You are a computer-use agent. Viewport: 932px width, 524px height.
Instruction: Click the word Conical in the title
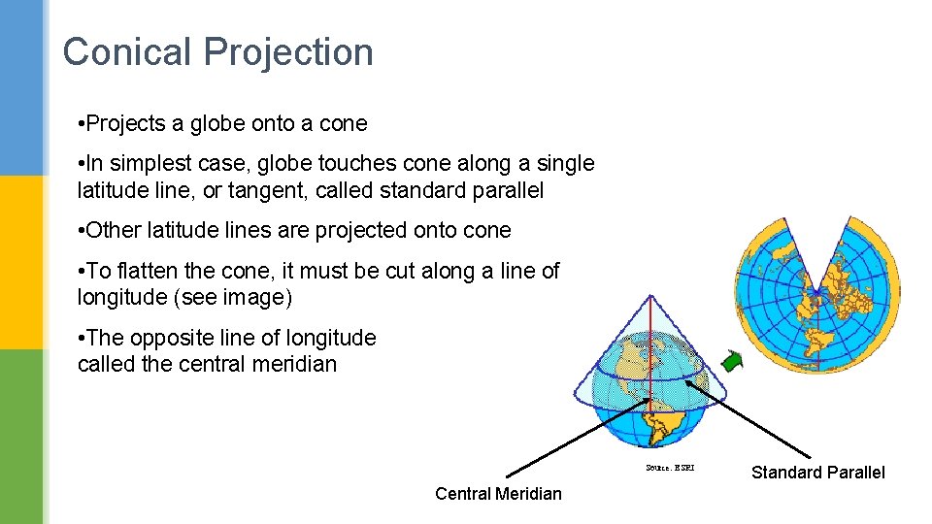(126, 52)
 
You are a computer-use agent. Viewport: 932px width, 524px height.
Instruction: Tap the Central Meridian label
(498, 494)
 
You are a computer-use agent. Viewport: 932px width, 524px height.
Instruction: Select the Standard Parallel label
(818, 473)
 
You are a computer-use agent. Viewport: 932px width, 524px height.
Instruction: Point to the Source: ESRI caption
(670, 468)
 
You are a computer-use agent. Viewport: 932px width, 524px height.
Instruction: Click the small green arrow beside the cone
(734, 361)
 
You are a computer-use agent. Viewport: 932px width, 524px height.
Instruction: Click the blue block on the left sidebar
(21, 87)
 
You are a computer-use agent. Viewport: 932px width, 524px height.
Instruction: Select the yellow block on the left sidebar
(21, 262)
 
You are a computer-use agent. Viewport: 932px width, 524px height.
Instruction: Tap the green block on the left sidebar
(21, 437)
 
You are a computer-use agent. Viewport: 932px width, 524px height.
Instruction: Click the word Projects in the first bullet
(121, 124)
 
